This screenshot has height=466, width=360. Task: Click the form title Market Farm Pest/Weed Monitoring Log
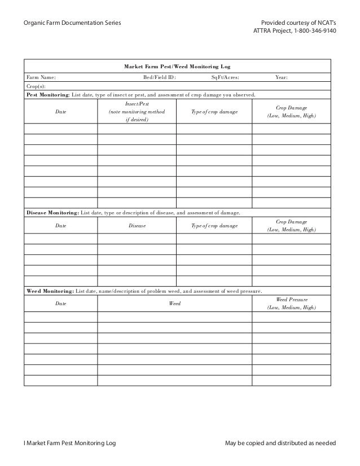click(177, 67)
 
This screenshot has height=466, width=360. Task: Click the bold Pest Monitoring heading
click(48, 95)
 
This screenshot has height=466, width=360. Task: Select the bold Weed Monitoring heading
click(50, 291)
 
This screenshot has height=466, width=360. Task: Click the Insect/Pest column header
click(137, 104)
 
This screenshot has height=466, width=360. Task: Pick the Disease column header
click(137, 226)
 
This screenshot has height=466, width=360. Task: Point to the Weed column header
click(175, 304)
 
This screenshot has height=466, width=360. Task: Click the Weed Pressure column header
click(291, 299)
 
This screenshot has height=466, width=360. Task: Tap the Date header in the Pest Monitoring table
click(60, 113)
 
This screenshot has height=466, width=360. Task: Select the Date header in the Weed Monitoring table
click(60, 304)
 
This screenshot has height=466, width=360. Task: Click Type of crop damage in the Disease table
click(214, 226)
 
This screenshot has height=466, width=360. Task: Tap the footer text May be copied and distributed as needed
click(280, 443)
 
